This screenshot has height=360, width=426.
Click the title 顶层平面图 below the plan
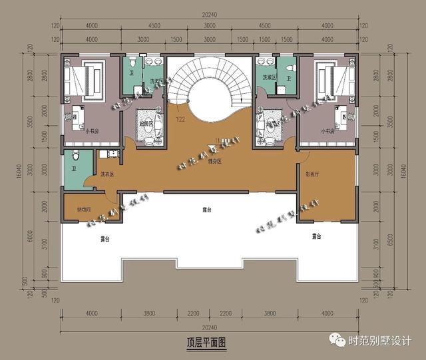(208, 343)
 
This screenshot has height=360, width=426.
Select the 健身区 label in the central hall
(214, 162)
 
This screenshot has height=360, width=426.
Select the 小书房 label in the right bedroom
(327, 131)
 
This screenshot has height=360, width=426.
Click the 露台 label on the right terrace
(316, 236)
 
